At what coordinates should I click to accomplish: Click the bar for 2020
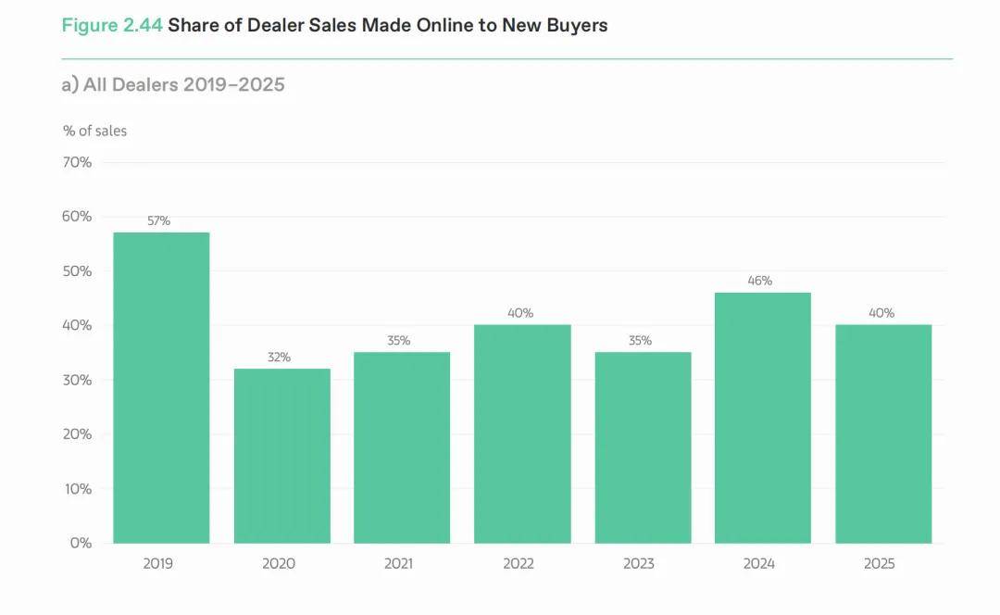coord(281,456)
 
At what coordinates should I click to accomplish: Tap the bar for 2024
coord(762,418)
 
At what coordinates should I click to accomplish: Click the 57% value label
coord(159,221)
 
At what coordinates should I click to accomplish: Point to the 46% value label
coord(760,281)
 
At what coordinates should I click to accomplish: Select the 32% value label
coord(280,358)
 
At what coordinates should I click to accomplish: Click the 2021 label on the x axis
coord(399,563)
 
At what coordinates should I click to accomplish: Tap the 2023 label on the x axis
coord(639,563)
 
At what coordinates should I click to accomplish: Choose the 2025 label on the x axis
coord(880,563)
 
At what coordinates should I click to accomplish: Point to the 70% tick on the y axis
coord(77,163)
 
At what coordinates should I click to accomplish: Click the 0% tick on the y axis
coord(81,543)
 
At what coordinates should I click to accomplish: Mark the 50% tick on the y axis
coord(77,271)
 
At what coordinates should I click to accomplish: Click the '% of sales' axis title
coord(95,132)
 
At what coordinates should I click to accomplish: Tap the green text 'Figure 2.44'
coord(112,26)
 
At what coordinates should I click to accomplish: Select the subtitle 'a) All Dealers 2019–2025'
coord(173,85)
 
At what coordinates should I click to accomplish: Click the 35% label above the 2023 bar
coord(640,341)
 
